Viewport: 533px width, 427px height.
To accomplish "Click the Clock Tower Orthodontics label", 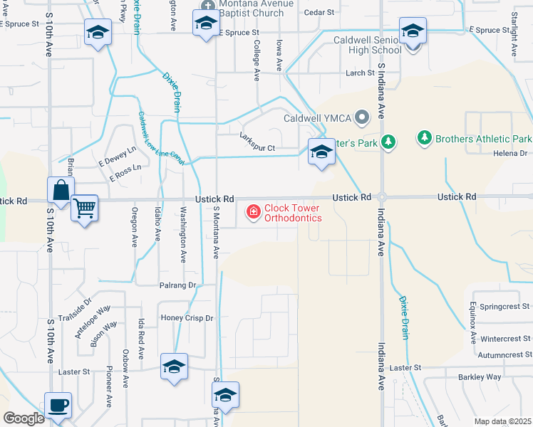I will (x=292, y=213).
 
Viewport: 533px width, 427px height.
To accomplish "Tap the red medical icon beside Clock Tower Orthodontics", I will (x=253, y=211).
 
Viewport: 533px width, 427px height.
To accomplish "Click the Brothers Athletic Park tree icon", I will (x=424, y=137).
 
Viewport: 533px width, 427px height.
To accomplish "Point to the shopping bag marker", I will (x=61, y=191).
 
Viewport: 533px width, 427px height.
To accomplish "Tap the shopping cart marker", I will (x=85, y=208).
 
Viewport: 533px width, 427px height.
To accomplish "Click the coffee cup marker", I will (x=58, y=405).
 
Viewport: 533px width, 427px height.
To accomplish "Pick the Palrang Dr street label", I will (x=177, y=285).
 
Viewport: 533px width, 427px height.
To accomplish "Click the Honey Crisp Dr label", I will (x=187, y=318).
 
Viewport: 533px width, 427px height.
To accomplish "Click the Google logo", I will (x=24, y=419).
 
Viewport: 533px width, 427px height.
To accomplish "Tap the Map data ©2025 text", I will (x=502, y=421).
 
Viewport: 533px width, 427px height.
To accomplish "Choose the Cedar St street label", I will (x=319, y=13).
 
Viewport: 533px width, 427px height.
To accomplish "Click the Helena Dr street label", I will (x=512, y=153).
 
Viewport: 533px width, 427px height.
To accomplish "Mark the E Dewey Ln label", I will (x=117, y=157).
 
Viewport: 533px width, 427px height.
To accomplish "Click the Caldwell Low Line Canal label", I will (x=161, y=139).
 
